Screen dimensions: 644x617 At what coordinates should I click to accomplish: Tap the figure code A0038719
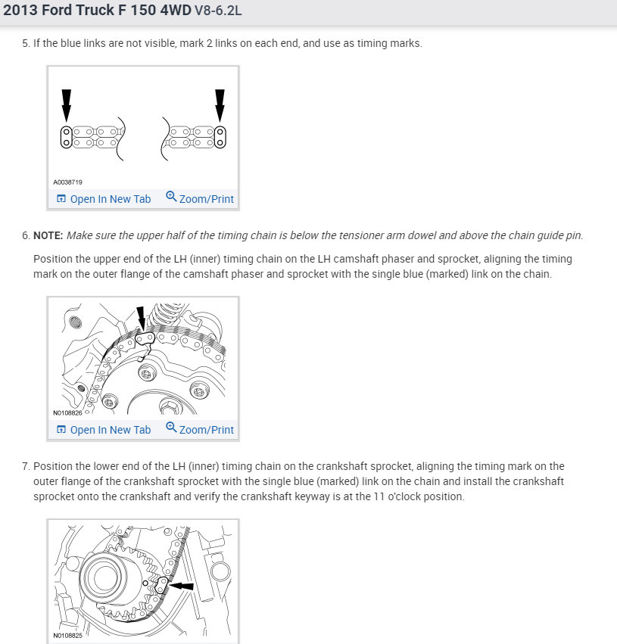67,182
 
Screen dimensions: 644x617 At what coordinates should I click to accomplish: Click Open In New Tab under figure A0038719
110,199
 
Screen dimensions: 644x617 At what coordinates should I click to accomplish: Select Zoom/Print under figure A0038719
206,199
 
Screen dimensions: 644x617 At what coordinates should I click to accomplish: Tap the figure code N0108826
67,413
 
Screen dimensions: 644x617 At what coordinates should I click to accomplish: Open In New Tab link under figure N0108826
110,430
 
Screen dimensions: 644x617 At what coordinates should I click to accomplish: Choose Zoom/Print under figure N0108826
206,430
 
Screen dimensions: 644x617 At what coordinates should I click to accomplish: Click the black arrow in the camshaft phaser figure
140,318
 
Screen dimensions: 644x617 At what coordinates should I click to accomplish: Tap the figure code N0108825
67,636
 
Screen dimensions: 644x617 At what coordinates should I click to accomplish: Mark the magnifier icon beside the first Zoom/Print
171,198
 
